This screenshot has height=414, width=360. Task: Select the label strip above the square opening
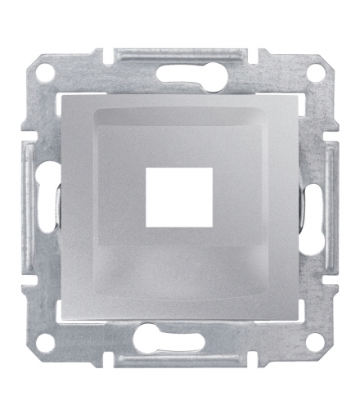tap(181, 135)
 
